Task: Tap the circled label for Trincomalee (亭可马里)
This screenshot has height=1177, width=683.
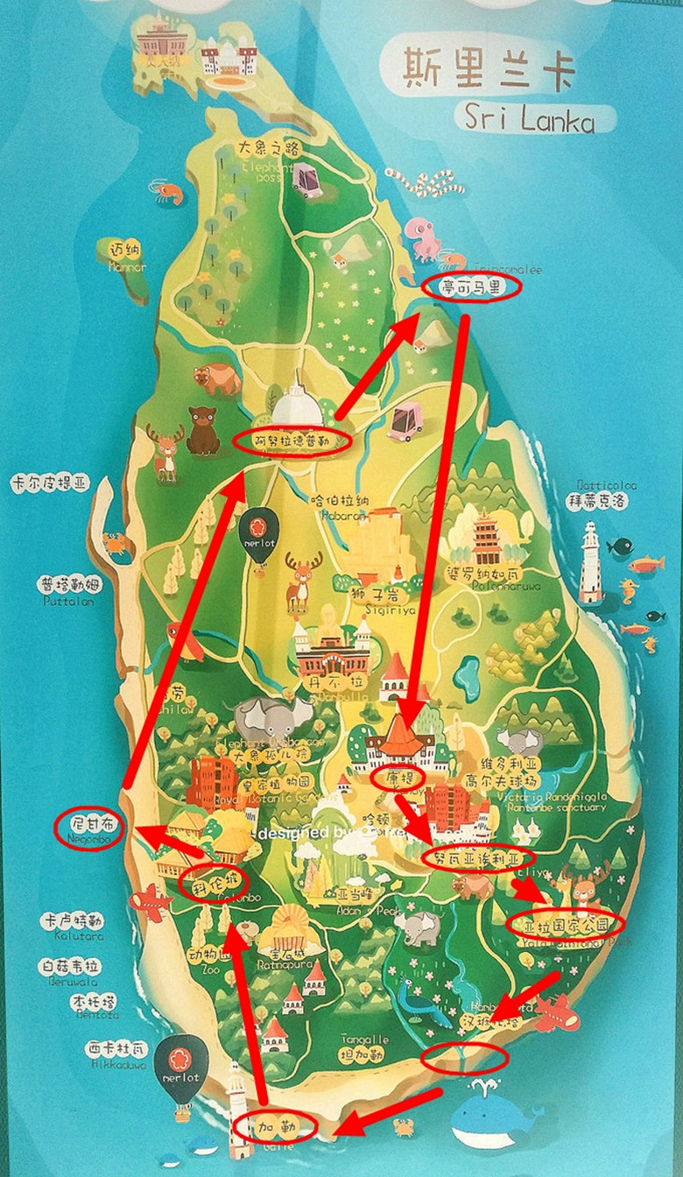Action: pyautogui.click(x=471, y=286)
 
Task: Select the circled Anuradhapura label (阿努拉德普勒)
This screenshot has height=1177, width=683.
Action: pyautogui.click(x=292, y=441)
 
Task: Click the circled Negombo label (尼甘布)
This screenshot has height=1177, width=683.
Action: pyautogui.click(x=88, y=827)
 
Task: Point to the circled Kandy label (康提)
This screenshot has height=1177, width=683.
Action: pyautogui.click(x=398, y=777)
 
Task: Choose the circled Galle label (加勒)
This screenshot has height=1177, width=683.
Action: pyautogui.click(x=274, y=1125)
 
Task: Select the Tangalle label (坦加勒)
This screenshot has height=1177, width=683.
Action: pyautogui.click(x=364, y=1049)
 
